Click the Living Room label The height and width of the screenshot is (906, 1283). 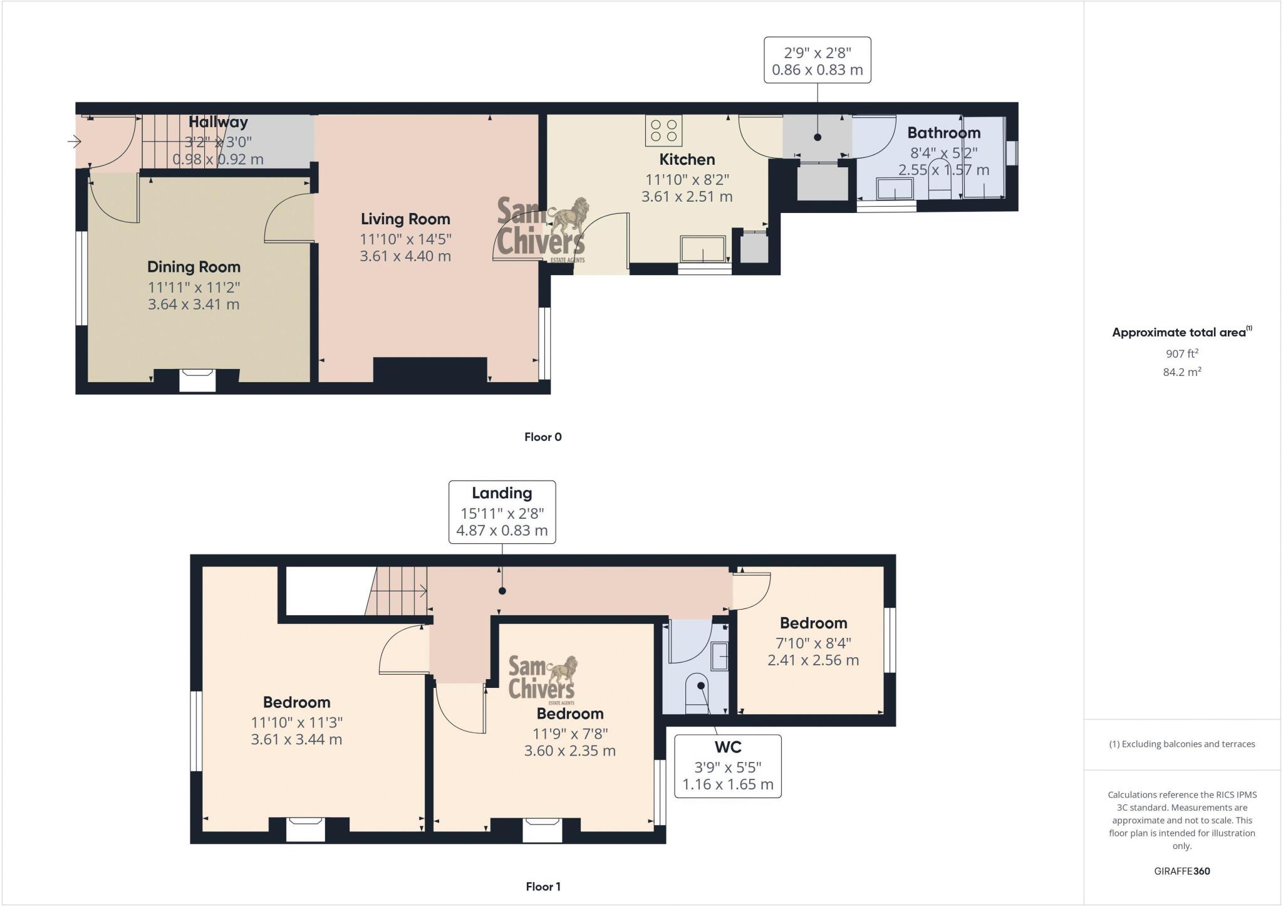(x=405, y=219)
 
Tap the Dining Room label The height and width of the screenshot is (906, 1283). (x=194, y=267)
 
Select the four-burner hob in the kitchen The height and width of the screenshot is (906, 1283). (x=664, y=131)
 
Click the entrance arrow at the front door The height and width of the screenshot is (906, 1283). (x=74, y=142)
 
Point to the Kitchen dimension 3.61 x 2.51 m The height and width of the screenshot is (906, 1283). (x=687, y=197)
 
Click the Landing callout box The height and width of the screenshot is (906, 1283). (x=502, y=512)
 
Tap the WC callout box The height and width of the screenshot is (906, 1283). (x=727, y=766)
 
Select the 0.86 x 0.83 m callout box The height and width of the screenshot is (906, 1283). (x=817, y=60)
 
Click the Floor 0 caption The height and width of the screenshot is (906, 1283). (x=543, y=437)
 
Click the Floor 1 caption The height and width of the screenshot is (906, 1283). (x=543, y=887)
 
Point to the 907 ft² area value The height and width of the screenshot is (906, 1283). (x=1182, y=353)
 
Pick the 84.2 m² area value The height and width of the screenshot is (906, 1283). (x=1182, y=372)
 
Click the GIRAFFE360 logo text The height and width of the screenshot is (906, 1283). (x=1182, y=871)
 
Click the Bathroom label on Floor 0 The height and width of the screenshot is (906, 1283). (x=943, y=133)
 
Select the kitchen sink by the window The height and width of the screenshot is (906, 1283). (x=703, y=249)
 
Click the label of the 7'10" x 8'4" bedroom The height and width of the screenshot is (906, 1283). (x=813, y=623)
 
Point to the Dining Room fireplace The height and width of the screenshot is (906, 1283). (x=197, y=380)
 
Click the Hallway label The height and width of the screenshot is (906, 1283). (x=218, y=122)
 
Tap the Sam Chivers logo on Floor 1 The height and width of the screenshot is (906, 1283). (x=542, y=679)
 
